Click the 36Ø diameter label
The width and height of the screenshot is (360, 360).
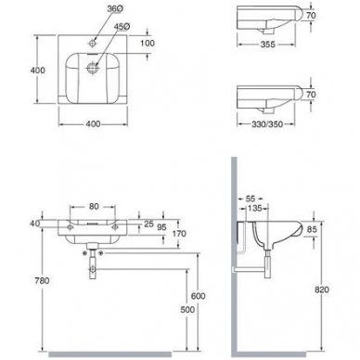point(115,9)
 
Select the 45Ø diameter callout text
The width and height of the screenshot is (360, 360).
point(122,27)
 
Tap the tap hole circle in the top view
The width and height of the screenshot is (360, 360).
point(93,44)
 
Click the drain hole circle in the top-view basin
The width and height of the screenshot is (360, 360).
point(92,68)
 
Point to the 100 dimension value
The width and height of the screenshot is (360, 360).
point(148,44)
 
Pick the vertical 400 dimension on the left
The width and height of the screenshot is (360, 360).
point(37,71)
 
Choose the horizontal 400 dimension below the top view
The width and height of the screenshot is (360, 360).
point(93,124)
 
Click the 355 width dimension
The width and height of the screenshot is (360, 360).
point(267,45)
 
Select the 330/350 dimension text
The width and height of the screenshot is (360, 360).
point(267,124)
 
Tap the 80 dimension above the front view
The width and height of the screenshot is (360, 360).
point(94,207)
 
